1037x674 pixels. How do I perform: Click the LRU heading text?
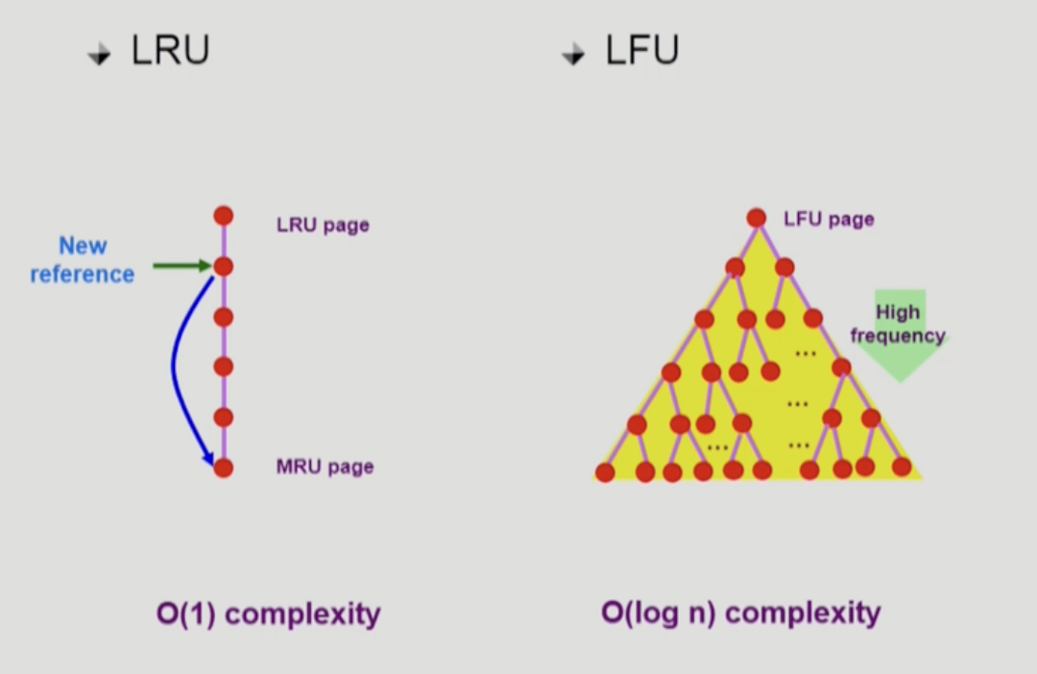tap(170, 51)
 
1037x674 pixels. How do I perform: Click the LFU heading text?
tap(641, 51)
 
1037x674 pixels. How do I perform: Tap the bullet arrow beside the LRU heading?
tap(99, 56)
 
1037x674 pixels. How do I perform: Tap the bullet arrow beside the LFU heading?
tap(573, 56)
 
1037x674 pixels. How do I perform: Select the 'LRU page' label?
tap(323, 226)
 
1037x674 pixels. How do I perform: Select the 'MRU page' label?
tap(325, 468)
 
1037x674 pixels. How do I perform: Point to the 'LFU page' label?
tap(829, 219)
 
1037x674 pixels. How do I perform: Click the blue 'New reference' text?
tap(83, 260)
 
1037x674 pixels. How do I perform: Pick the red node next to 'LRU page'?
tap(224, 216)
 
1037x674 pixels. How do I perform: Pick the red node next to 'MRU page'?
tap(224, 469)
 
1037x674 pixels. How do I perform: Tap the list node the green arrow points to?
tap(224, 267)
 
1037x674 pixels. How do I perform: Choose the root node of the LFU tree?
tap(757, 218)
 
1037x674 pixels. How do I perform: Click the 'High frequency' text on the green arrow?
tap(898, 325)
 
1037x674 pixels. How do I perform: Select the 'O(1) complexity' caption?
tap(268, 614)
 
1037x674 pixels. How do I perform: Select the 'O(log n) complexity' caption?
tap(740, 613)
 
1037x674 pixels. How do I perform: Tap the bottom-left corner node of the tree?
tap(605, 471)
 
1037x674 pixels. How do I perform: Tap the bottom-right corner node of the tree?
tap(902, 467)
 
